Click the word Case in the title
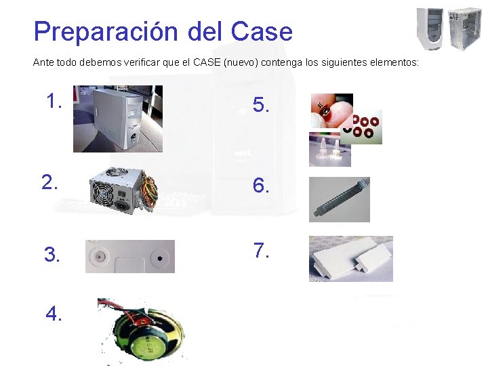(262, 32)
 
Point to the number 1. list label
(54, 102)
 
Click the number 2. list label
(50, 182)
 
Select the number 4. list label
(54, 314)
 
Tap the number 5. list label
(261, 105)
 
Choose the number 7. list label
(262, 251)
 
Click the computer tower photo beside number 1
(118, 119)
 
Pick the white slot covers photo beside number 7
(350, 258)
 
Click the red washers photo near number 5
(363, 127)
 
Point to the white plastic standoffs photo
(329, 149)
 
